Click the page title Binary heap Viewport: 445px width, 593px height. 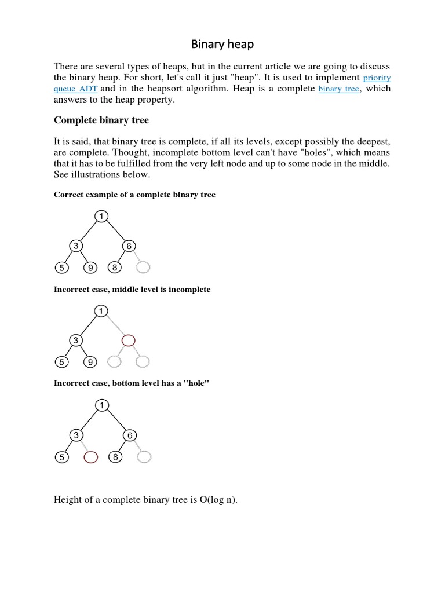[x=222, y=44]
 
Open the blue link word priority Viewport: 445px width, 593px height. [x=377, y=78]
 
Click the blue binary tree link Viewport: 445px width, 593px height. [x=338, y=89]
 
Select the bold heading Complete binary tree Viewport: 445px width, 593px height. [x=101, y=120]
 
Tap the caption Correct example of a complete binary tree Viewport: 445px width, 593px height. [x=134, y=195]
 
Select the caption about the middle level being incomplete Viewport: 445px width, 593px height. [x=132, y=290]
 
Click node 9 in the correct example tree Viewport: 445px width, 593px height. [x=91, y=268]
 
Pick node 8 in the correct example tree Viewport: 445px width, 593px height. [x=115, y=268]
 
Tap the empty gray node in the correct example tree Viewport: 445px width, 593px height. [x=143, y=267]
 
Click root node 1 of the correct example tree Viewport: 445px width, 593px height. [x=101, y=216]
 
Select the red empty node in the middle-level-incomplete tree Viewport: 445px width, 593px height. [x=129, y=340]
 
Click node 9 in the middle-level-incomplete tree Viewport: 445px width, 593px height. [x=91, y=363]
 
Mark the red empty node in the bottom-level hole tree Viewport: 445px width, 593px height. [x=91, y=457]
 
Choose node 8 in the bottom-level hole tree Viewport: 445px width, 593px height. [x=116, y=457]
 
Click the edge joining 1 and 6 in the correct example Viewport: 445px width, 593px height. [x=115, y=231]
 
